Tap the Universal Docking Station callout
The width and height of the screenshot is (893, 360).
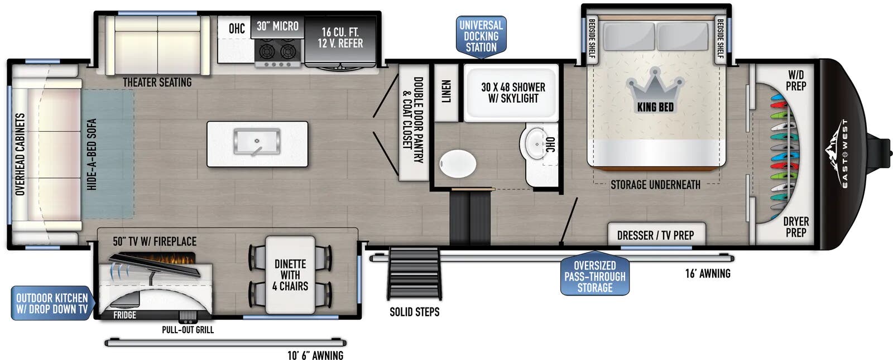click(x=481, y=36)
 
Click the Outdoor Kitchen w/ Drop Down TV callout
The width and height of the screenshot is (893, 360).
click(x=52, y=303)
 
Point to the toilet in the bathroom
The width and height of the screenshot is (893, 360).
click(x=458, y=164)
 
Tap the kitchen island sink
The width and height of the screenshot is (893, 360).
click(x=257, y=142)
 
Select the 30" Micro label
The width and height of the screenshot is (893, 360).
click(x=277, y=26)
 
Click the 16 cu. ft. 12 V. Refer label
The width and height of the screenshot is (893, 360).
click(x=340, y=37)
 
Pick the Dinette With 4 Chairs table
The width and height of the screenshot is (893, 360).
click(x=290, y=275)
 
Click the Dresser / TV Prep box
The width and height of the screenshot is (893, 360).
click(x=656, y=234)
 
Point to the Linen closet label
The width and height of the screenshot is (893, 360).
click(x=446, y=92)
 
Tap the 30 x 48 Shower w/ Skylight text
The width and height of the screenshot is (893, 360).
click(x=513, y=93)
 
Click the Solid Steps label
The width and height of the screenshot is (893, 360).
click(x=415, y=312)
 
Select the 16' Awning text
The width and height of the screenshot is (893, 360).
click(x=708, y=273)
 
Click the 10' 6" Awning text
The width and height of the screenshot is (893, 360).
click(x=315, y=355)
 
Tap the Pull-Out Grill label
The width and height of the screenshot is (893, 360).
click(x=188, y=330)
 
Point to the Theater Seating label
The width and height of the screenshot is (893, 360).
click(x=157, y=82)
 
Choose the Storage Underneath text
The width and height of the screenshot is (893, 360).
click(x=655, y=185)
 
